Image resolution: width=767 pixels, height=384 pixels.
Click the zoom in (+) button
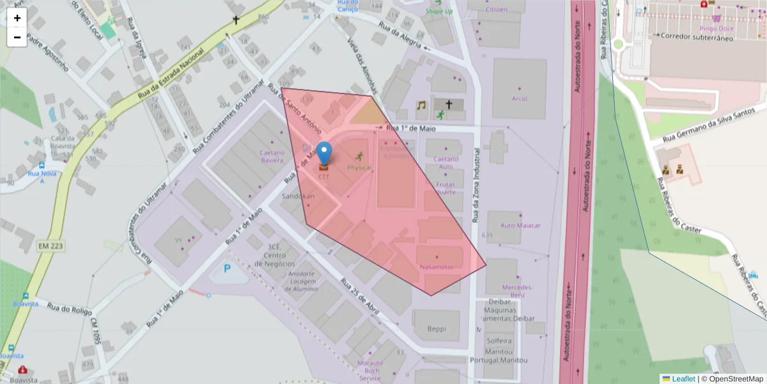click(x=17, y=18)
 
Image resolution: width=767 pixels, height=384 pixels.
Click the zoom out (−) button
click(x=17, y=37)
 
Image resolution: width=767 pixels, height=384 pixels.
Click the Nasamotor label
click(x=437, y=266)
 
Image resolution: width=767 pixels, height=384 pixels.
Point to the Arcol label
click(x=519, y=99)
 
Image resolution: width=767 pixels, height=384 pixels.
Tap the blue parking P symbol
click(x=227, y=269)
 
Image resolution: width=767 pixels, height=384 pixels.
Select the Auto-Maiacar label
click(x=520, y=226)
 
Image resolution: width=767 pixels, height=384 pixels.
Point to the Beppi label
click(x=437, y=329)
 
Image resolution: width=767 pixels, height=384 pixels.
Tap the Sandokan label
click(x=298, y=196)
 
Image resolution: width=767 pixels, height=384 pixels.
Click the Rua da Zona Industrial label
click(x=476, y=186)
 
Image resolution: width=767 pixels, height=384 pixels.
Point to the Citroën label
click(x=496, y=10)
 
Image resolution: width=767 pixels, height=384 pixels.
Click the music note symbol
click(x=421, y=106)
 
